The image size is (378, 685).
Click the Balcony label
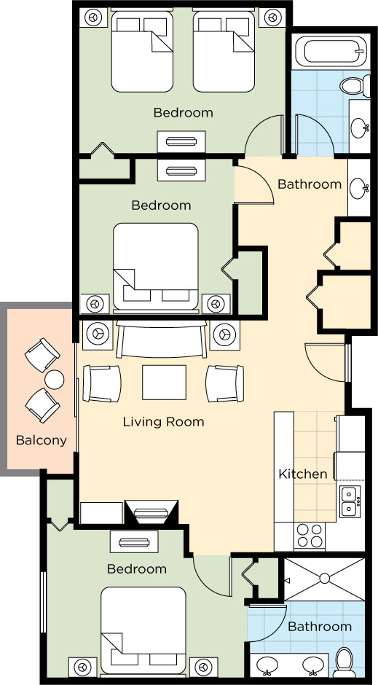click(42, 440)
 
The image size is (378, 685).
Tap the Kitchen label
click(303, 474)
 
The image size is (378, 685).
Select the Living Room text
click(163, 422)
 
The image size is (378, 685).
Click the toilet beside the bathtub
click(353, 86)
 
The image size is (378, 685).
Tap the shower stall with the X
click(324, 579)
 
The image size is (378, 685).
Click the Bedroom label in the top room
click(183, 112)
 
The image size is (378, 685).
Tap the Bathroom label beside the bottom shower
click(320, 627)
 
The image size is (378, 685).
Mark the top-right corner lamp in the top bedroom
click(272, 15)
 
